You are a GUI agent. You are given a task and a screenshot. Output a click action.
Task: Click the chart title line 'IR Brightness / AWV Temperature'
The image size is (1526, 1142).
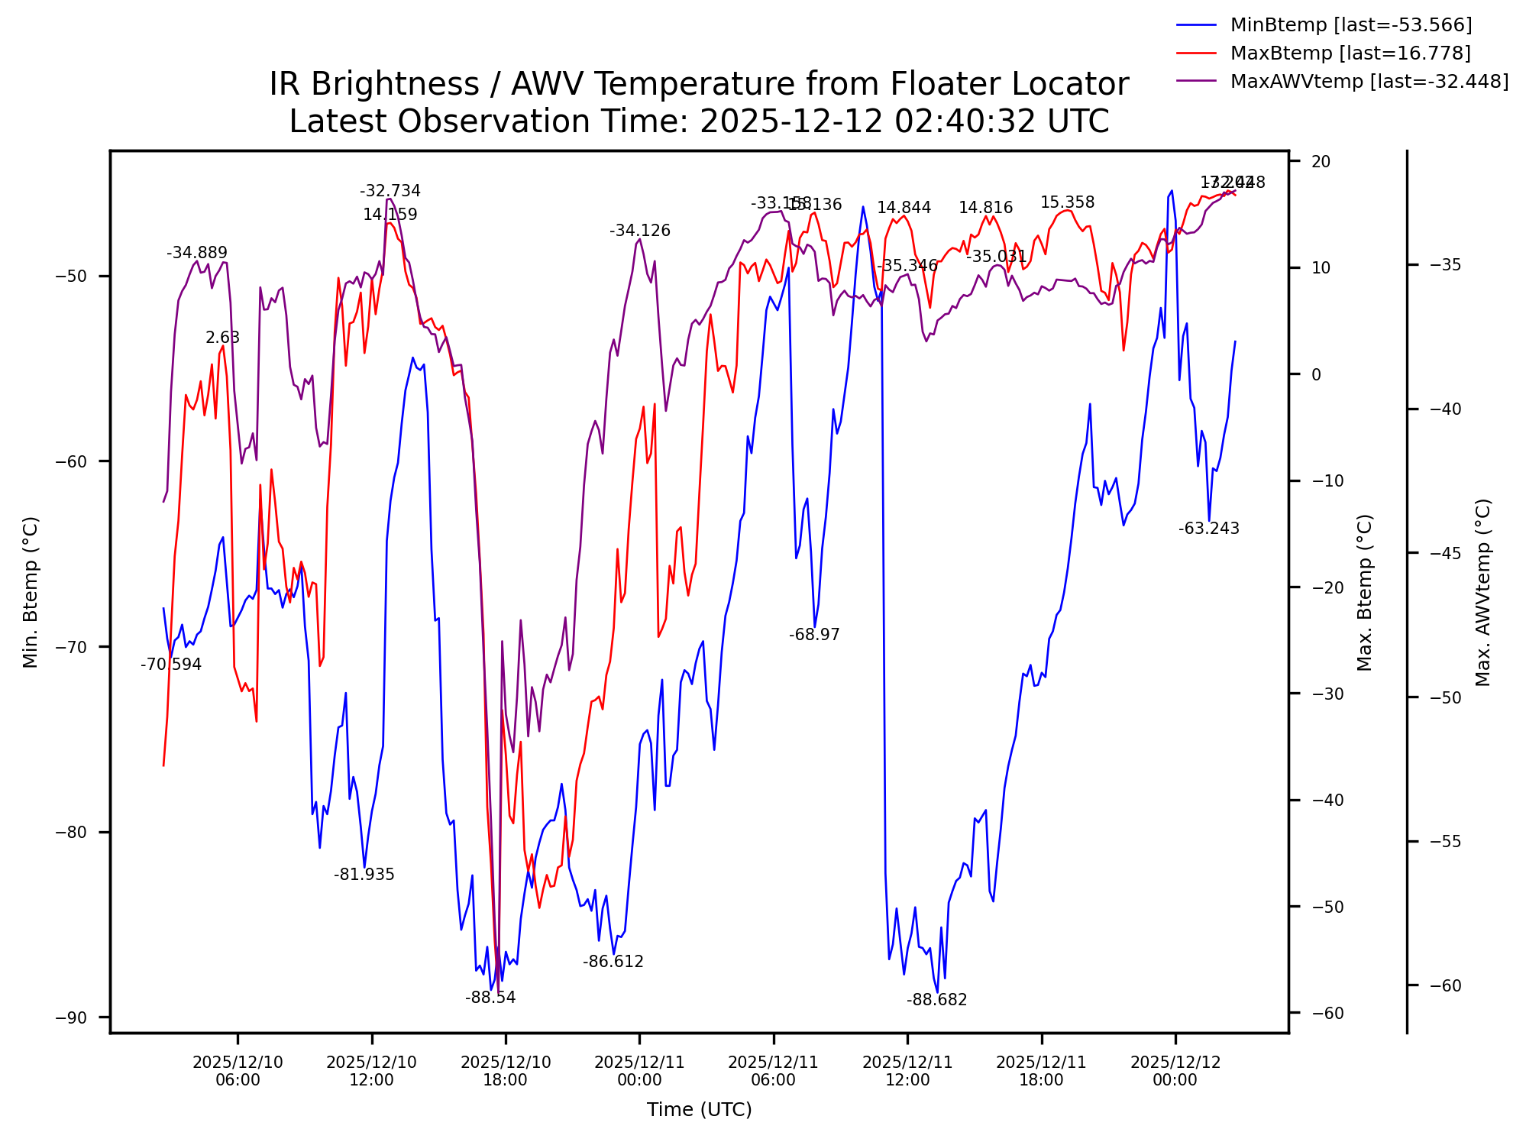[699, 84]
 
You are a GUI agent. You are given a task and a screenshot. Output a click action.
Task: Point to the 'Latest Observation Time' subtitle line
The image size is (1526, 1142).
[699, 121]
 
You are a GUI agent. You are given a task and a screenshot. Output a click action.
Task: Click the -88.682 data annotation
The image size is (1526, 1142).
[936, 1000]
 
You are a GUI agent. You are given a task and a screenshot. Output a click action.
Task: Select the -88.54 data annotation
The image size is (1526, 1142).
[490, 998]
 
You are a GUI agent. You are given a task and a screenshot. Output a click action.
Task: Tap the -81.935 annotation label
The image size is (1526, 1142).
[364, 875]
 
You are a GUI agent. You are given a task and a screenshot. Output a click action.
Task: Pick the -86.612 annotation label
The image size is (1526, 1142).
[613, 962]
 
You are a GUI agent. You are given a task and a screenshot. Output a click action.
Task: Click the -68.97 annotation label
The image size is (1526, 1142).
[814, 635]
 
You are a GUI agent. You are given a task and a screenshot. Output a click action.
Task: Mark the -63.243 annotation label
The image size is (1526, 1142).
[1208, 529]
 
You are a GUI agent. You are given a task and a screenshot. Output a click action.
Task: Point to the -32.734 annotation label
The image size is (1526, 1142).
[390, 191]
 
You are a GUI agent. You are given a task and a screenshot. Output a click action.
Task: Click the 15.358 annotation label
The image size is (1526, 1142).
[1067, 202]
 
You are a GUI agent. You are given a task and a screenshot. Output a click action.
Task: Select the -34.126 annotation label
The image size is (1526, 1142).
[639, 231]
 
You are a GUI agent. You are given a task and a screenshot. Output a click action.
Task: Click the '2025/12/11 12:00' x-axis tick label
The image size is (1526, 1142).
[907, 1071]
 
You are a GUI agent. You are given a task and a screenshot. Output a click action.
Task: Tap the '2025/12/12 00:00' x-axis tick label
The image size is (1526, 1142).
[1175, 1071]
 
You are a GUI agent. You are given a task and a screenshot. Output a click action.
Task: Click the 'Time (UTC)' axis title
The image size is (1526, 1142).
[699, 1110]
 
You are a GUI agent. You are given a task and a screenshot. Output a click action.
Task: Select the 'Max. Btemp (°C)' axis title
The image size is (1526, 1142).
[1365, 593]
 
